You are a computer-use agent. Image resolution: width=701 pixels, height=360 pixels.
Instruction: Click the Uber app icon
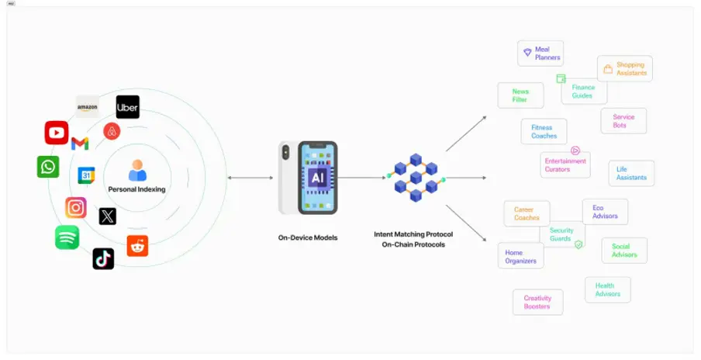coord(127,107)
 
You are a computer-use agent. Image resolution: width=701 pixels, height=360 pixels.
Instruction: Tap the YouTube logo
coord(57,133)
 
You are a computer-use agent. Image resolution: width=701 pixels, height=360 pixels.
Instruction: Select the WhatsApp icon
coord(48,167)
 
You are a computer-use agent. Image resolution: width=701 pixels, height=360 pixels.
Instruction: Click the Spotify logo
coord(67,237)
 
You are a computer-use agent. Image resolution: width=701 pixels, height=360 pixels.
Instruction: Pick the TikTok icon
coord(103,258)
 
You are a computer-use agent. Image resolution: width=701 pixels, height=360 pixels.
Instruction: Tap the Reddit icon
coord(137,246)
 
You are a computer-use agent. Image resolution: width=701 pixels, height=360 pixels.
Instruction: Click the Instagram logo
coord(76,207)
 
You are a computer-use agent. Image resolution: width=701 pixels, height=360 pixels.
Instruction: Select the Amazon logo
coord(87,106)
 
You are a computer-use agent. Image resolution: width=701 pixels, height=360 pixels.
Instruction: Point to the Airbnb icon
coord(112,131)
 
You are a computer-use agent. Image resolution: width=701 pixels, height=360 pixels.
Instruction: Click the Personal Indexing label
coord(136,189)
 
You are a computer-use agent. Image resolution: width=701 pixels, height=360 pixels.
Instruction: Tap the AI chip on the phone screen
coord(317,177)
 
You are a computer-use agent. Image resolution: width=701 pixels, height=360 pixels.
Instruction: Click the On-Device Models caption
coord(307,237)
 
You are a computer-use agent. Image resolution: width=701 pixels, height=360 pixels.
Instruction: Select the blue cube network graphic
coord(416,178)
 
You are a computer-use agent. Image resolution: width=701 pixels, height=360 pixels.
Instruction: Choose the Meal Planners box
coord(540,54)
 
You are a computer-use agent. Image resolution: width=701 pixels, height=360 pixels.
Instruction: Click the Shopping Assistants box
coord(625,68)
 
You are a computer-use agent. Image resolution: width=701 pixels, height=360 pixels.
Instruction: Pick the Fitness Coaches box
coord(544,131)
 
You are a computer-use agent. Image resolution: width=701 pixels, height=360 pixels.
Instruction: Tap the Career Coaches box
coord(527,213)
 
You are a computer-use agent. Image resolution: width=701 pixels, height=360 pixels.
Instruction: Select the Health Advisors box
coord(607,289)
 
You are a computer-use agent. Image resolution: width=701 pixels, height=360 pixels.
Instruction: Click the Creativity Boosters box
coord(537,302)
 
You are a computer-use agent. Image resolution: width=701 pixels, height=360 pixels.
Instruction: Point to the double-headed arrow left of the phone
coord(250,178)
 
